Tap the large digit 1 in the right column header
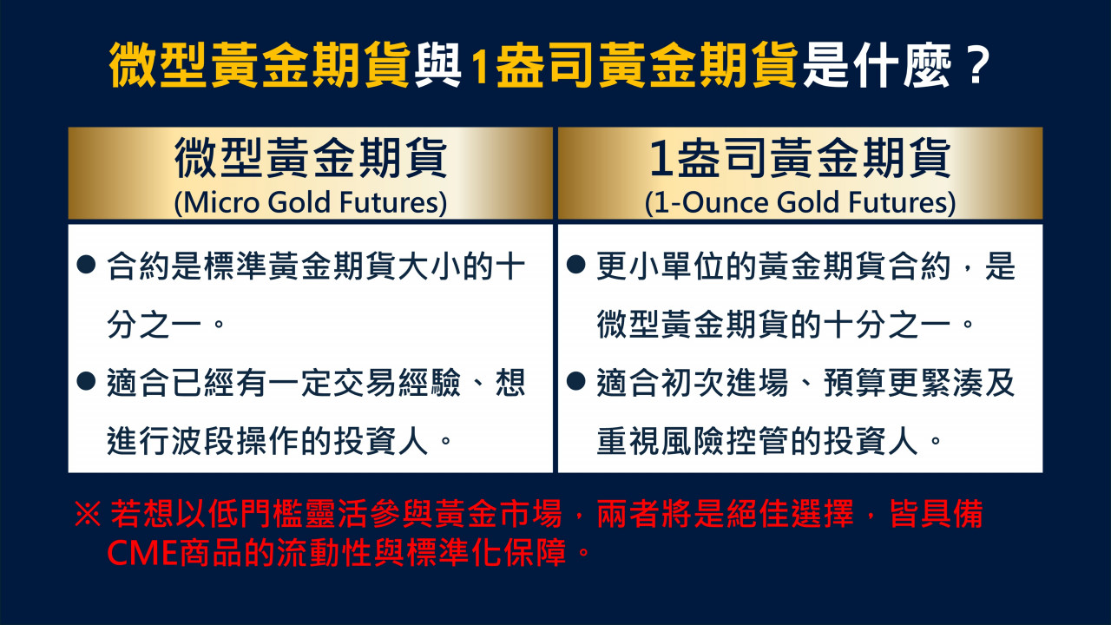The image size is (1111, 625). click(x=661, y=159)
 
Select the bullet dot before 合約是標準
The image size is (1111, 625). click(x=86, y=265)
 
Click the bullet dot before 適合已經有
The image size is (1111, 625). click(x=86, y=381)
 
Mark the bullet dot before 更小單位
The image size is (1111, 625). click(x=575, y=265)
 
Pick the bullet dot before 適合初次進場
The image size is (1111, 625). click(x=575, y=381)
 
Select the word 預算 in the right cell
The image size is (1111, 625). click(x=855, y=383)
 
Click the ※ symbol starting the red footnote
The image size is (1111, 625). click(x=88, y=513)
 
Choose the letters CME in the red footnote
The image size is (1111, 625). click(x=142, y=553)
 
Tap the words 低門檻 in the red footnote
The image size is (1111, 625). click(x=255, y=513)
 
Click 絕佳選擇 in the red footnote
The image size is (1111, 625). click(x=790, y=513)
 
